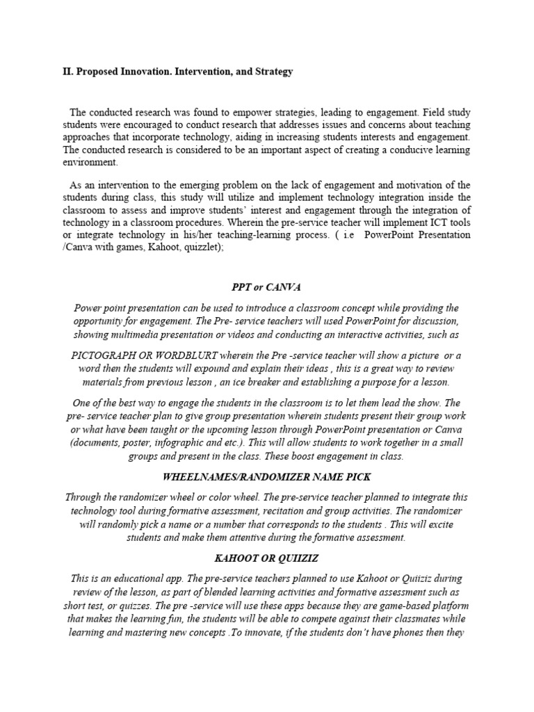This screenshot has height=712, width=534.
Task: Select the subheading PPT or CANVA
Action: coord(267,286)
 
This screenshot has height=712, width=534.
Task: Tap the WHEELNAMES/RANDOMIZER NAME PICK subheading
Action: coord(266,477)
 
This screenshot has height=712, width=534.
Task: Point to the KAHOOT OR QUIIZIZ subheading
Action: coord(266,558)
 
